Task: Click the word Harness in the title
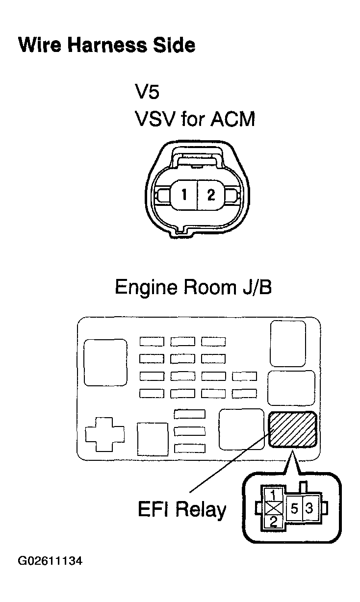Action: click(x=107, y=45)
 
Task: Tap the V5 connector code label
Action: click(x=147, y=92)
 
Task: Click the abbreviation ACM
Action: click(x=232, y=119)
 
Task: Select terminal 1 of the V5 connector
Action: click(x=184, y=194)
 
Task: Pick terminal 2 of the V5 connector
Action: click(x=211, y=195)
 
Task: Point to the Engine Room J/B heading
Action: click(x=193, y=287)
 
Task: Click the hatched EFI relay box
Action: click(x=293, y=429)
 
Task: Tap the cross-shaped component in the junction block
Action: click(x=105, y=434)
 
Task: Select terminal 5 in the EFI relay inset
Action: click(x=294, y=508)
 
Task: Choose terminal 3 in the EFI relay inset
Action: click(x=309, y=508)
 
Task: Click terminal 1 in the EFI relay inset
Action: click(x=273, y=495)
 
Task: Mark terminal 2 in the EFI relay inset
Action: click(x=273, y=522)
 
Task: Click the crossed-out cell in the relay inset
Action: click(x=273, y=508)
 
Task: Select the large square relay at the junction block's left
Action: click(x=105, y=363)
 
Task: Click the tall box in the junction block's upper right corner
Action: click(x=288, y=344)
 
